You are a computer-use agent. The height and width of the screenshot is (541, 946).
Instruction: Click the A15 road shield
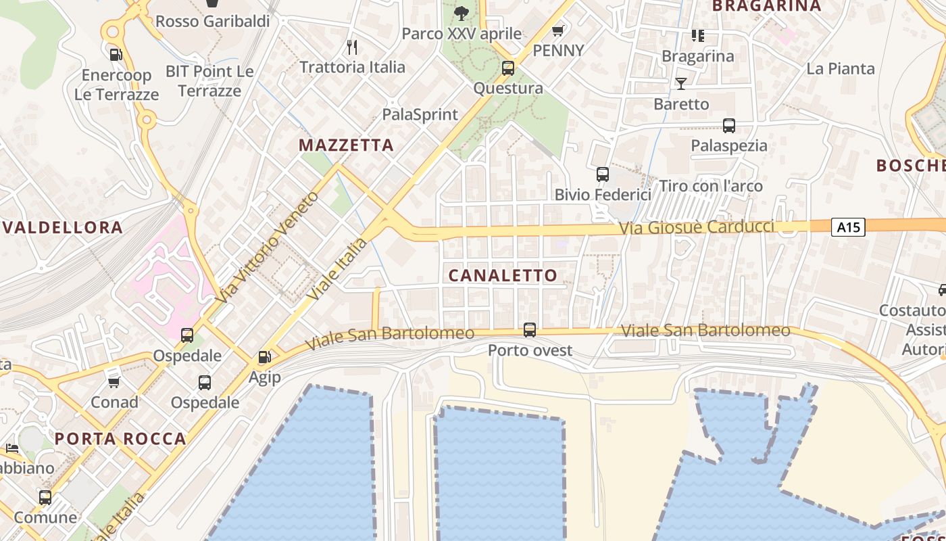point(848,227)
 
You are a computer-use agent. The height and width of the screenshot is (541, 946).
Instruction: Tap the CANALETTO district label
point(503,275)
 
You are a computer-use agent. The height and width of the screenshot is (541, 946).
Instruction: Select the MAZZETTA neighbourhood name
point(346,145)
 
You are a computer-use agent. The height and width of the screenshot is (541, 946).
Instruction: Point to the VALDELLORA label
point(63,227)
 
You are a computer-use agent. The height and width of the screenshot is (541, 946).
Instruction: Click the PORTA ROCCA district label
point(120,438)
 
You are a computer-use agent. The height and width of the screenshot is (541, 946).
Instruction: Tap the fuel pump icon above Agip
point(264,356)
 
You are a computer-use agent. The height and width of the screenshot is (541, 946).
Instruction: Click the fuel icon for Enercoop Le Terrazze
point(116,54)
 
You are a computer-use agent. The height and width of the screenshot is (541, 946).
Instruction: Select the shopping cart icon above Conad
point(114,382)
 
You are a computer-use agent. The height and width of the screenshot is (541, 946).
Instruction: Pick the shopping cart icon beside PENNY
point(558,30)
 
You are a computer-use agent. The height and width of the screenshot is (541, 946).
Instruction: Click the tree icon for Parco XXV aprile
point(462,13)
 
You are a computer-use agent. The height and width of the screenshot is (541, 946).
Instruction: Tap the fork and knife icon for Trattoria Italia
point(351,47)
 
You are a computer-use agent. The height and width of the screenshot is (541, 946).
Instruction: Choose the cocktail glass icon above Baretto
point(681,84)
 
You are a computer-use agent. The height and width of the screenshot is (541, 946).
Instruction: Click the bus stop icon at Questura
point(508,68)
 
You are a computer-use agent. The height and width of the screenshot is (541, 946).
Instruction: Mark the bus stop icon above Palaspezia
point(728,125)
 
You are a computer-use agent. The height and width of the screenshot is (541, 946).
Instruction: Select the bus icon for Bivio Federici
point(603,174)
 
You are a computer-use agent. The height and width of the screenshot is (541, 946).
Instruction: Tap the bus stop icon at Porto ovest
point(530,330)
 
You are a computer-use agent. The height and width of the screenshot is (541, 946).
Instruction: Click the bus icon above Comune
point(45,498)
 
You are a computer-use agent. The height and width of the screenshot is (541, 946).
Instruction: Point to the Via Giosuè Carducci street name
point(696,227)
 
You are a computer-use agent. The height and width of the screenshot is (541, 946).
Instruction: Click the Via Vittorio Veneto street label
point(266,248)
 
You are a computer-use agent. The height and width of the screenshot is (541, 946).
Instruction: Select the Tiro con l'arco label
point(710,186)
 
